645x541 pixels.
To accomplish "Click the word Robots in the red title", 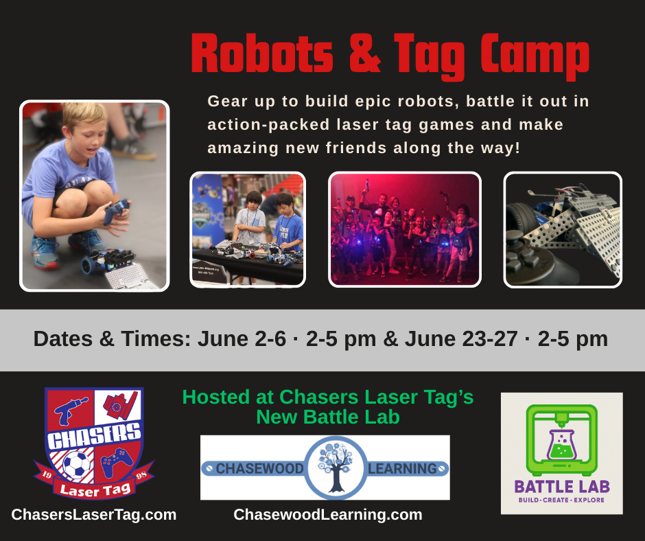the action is [262, 53].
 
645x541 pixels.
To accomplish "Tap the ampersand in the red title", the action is [364, 53].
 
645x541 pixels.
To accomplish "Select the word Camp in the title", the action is [535, 56].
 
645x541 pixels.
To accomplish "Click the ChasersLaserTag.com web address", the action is [94, 515].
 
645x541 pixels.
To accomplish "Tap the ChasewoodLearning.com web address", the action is [328, 515].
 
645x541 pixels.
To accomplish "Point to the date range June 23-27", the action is [461, 339].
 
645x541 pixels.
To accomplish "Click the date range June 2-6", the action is [242, 339].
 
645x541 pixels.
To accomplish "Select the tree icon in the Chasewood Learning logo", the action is [336, 468].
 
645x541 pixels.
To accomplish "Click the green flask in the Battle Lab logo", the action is [561, 445].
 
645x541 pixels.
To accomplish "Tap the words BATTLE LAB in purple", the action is [562, 487].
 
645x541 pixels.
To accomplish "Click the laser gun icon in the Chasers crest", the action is [69, 411].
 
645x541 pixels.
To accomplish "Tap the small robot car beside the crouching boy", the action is [108, 260].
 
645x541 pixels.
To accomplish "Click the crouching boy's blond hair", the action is [84, 115].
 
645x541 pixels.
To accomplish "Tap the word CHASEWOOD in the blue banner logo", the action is [259, 468].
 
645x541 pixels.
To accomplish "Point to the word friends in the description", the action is [355, 148].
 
